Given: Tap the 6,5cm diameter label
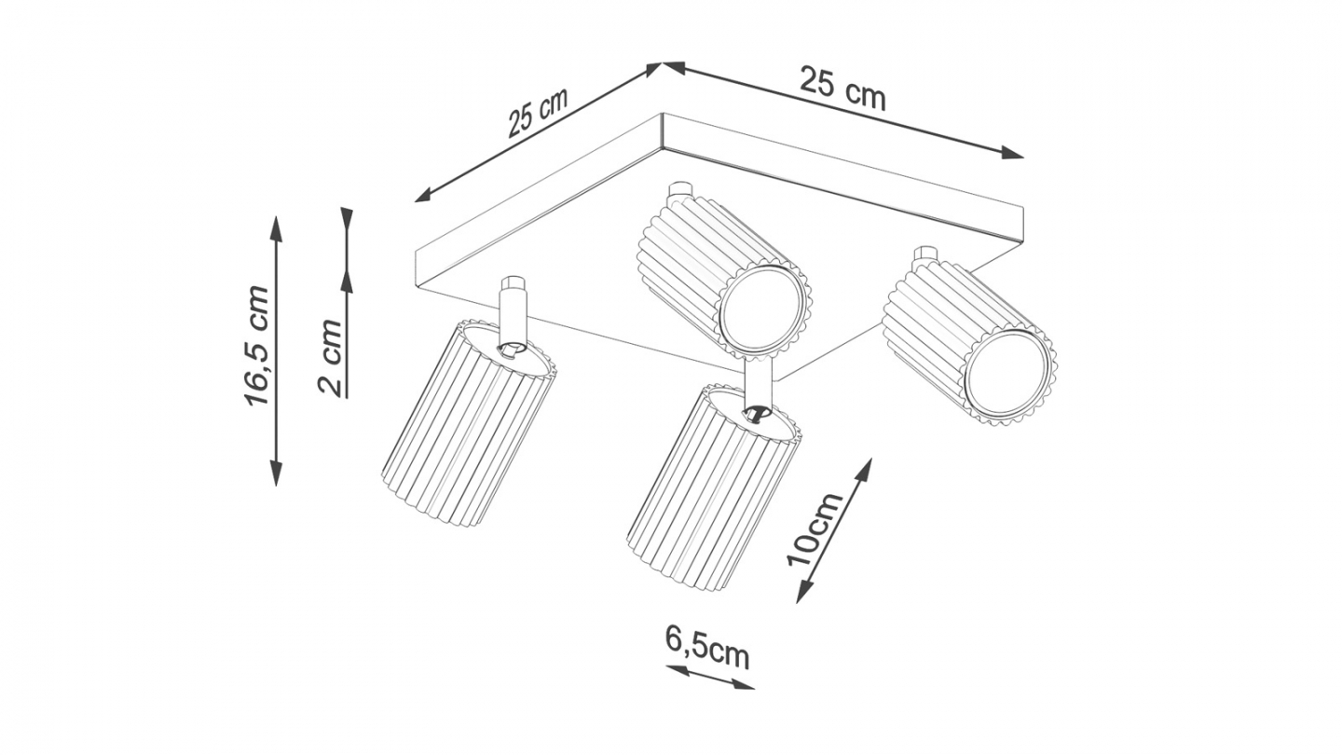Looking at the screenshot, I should tap(707, 646).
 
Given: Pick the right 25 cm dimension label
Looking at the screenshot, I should tap(842, 89).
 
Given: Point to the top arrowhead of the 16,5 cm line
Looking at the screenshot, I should tap(276, 226).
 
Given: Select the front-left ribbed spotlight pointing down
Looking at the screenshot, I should tap(469, 424).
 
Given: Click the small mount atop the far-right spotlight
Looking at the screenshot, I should tap(925, 254).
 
